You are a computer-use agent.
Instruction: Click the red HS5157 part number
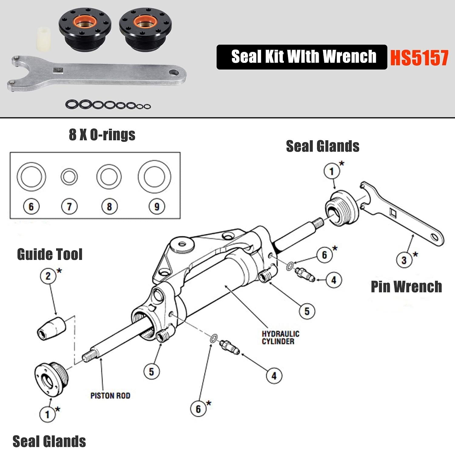click(419, 57)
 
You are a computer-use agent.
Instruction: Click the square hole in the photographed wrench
click(58, 71)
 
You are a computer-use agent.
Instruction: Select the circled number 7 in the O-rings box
click(69, 207)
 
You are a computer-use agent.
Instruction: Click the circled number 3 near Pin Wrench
click(404, 260)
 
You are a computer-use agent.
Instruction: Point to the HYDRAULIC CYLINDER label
click(280, 338)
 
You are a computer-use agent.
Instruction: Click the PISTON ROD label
click(110, 396)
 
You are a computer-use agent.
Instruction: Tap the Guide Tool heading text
click(50, 254)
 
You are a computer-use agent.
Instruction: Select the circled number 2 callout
click(48, 276)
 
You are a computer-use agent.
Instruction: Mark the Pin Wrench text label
click(406, 287)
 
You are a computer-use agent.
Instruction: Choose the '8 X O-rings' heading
click(102, 135)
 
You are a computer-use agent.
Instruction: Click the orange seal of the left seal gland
click(85, 23)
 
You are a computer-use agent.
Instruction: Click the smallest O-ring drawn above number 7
click(69, 177)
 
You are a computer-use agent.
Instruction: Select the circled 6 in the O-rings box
click(31, 207)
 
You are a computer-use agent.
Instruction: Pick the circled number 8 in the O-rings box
click(109, 207)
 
